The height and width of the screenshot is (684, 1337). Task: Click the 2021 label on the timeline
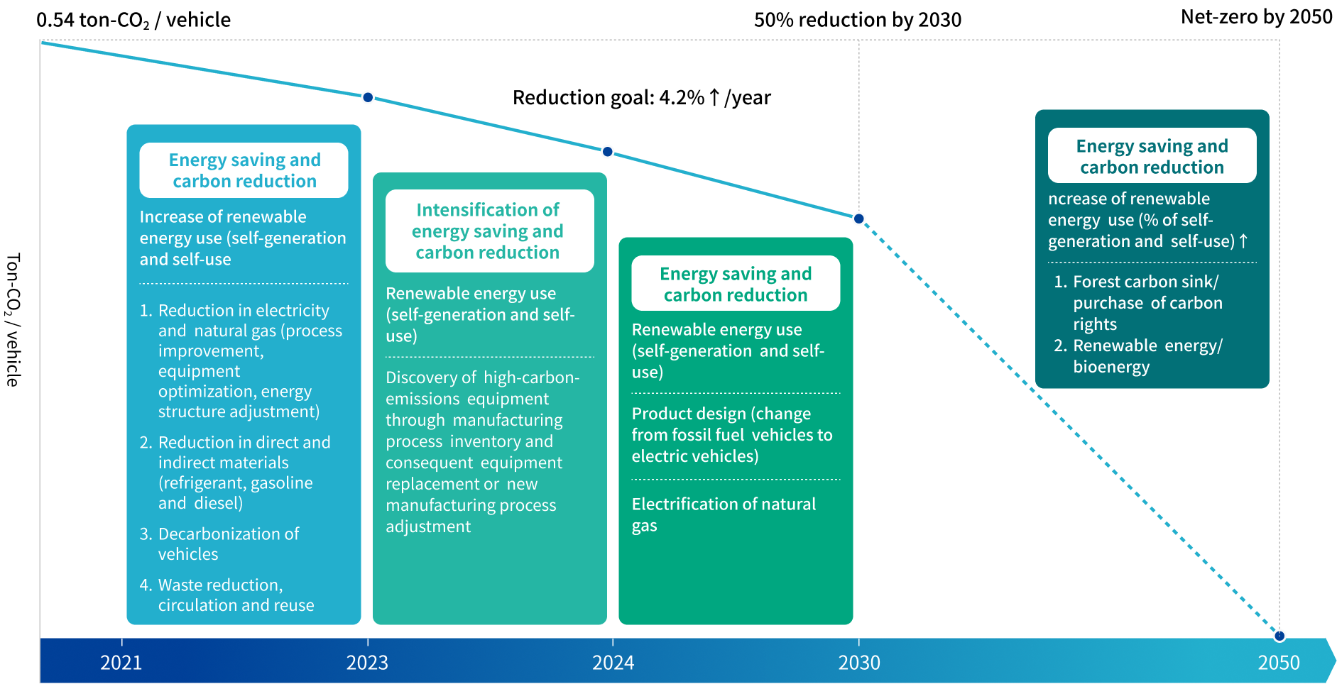[121, 663]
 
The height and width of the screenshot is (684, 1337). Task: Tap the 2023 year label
[367, 663]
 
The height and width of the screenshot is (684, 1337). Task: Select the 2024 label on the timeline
[613, 663]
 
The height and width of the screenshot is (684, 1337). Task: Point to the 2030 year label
[859, 663]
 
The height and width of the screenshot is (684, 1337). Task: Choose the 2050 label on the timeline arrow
[1278, 663]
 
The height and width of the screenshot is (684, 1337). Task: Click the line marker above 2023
[368, 97]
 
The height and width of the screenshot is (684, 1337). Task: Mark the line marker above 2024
[608, 152]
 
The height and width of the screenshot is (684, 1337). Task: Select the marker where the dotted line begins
[859, 219]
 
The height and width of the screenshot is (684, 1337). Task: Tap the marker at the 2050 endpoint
[1279, 635]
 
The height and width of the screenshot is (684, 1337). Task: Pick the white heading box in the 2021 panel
[244, 170]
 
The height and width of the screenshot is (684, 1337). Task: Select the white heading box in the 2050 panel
[1152, 156]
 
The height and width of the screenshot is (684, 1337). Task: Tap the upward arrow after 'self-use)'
[1243, 241]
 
